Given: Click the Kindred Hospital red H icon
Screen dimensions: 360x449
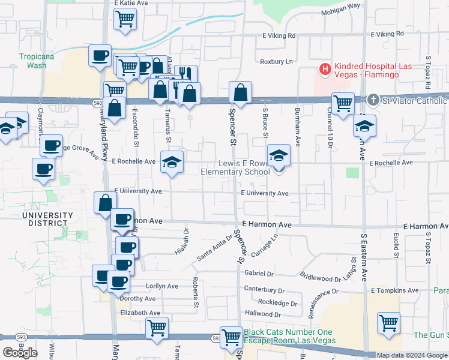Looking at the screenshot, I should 325,70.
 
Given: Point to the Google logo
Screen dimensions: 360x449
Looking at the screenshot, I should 20,353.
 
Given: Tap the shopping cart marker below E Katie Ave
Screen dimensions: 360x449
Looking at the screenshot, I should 125,20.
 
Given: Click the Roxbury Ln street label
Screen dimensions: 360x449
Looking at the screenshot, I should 276,61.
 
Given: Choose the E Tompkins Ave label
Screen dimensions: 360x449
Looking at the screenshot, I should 394,290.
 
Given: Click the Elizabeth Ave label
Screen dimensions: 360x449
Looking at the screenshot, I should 140,313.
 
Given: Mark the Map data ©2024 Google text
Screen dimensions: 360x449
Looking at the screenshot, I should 412,355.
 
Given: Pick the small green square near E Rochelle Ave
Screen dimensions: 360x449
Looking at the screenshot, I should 352,173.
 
